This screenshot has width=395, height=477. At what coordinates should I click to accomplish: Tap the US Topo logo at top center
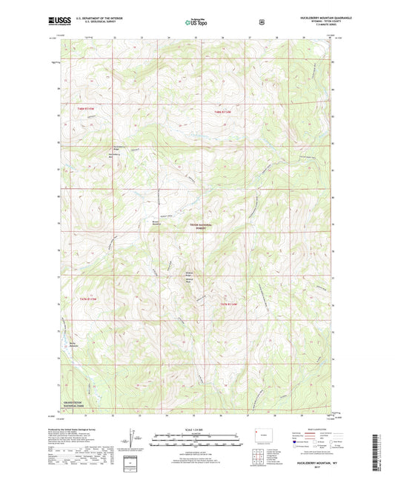[x=196, y=23]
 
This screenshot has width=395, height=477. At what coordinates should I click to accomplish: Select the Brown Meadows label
[x=156, y=221]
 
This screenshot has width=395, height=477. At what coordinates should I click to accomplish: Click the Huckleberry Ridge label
[x=116, y=147]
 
